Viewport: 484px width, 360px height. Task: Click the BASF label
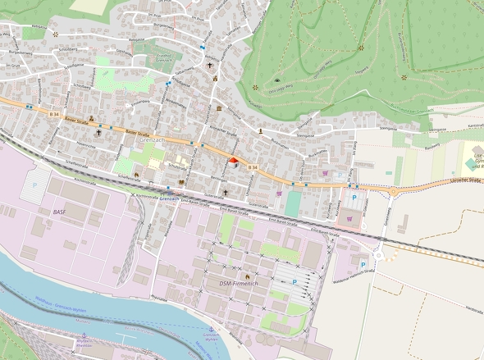click(58, 212)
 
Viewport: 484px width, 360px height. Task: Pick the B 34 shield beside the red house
click(253, 167)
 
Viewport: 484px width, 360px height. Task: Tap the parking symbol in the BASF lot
click(34, 186)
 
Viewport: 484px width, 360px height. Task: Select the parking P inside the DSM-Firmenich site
click(295, 282)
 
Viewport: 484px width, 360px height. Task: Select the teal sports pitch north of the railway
click(293, 204)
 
